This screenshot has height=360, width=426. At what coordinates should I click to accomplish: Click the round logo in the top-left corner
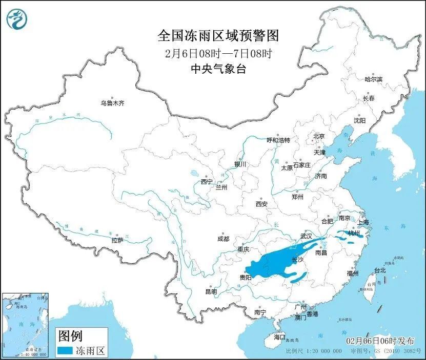point(16,19)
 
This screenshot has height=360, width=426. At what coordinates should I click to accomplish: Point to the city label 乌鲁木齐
point(112,103)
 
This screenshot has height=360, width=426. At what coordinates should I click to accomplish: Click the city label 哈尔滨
point(373,79)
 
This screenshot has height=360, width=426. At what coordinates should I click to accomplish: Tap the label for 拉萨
point(117,240)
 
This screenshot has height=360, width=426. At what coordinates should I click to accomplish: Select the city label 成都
point(223,239)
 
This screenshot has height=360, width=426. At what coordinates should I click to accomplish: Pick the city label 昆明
point(211,291)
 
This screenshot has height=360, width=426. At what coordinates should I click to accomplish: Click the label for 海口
point(279,337)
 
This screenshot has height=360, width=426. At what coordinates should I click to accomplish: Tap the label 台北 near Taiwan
point(379,270)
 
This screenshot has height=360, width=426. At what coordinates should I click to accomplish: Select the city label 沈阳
point(359,121)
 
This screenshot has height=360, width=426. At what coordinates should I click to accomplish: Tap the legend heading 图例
point(70,336)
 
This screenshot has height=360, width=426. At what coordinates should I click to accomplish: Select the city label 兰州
point(221,187)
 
